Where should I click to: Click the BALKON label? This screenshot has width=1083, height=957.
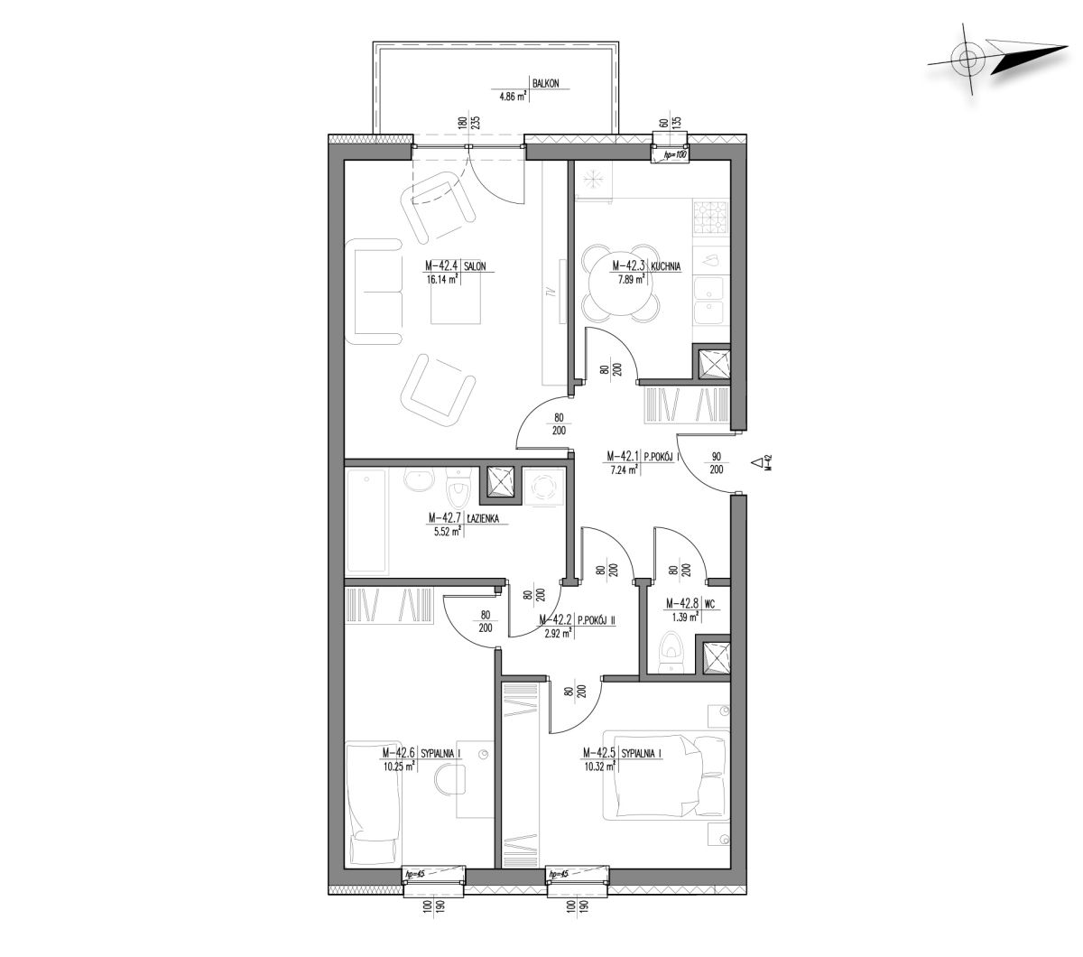(545, 83)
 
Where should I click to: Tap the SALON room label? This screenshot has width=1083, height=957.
(475, 265)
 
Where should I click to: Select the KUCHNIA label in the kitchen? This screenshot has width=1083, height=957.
(665, 265)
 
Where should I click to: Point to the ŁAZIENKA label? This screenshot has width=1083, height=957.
(483, 518)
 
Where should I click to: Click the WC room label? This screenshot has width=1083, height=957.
(709, 604)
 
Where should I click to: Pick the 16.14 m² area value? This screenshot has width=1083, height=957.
(443, 279)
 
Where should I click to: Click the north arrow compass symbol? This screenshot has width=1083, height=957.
(995, 60)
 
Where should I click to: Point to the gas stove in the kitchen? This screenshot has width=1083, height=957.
(711, 218)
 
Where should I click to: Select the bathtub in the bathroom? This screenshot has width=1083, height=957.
(366, 521)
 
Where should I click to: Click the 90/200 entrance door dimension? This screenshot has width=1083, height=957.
(716, 463)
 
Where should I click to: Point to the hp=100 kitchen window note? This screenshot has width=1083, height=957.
(674, 155)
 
